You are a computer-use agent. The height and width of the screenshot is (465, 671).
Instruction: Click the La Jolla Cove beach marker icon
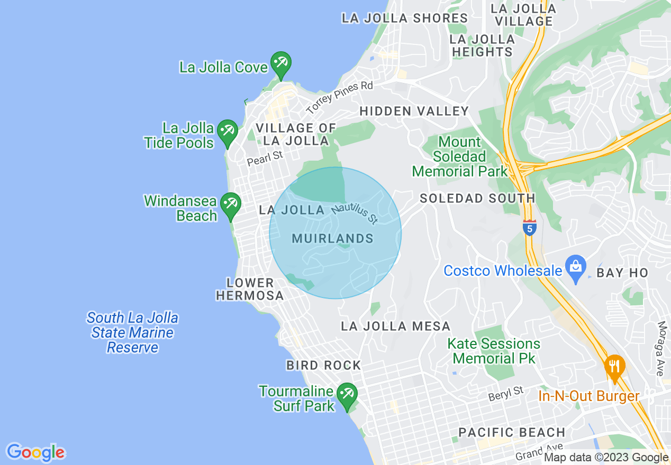(280, 63)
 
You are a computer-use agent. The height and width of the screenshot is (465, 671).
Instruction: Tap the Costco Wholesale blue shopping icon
(575, 266)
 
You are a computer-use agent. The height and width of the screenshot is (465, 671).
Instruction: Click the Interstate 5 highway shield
(529, 227)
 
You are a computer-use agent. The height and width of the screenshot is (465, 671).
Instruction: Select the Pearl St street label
(266, 158)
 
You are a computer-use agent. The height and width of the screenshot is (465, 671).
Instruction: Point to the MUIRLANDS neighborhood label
(332, 239)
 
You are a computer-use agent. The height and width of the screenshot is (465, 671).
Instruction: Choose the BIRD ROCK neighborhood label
(323, 365)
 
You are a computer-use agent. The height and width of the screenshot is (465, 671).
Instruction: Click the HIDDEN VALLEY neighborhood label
(414, 111)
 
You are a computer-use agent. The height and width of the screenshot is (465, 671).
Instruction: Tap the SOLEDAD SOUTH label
(477, 198)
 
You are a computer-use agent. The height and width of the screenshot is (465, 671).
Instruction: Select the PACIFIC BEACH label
(512, 432)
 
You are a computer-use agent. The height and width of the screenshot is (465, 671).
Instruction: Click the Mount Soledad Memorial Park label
(459, 156)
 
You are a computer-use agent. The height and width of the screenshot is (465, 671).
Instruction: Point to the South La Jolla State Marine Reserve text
(132, 333)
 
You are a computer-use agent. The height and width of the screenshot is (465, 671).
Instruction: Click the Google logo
(35, 453)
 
